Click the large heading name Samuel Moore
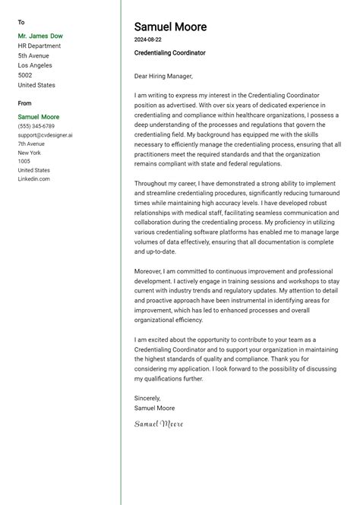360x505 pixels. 170,27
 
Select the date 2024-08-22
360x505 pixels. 147,39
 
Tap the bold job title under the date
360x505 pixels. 169,53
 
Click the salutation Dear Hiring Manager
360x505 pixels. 163,76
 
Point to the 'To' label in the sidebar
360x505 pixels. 21,23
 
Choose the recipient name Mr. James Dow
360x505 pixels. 40,36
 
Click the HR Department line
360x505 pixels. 39,46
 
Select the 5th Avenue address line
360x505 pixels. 33,55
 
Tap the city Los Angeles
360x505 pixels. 35,65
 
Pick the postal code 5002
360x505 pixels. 25,75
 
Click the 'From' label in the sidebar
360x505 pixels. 25,103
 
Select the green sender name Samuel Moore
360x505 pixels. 39,117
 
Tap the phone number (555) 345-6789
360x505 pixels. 36,126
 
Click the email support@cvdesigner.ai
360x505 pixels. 46,135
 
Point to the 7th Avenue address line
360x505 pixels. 31,144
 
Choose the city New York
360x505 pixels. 30,153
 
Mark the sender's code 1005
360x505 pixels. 24,161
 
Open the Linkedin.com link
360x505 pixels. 33,178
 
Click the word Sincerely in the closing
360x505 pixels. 147,398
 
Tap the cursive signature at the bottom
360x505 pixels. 159,423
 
